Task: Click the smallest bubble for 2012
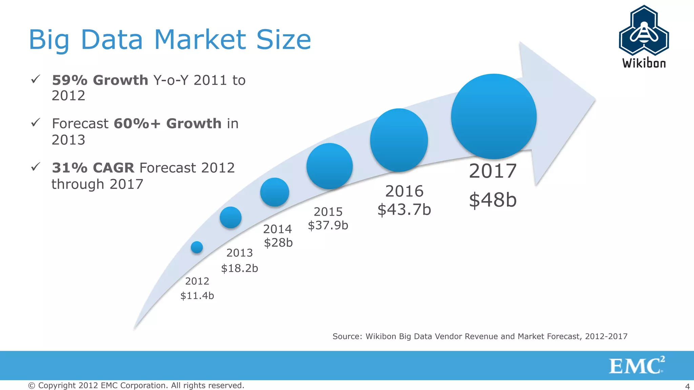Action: (x=197, y=247)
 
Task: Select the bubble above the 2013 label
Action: (x=230, y=217)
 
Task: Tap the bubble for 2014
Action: (x=274, y=192)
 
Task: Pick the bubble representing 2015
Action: (x=329, y=166)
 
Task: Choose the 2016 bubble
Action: (x=399, y=140)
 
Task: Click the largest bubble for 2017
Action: (x=494, y=116)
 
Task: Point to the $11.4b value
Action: (x=197, y=296)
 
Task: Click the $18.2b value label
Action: (x=240, y=268)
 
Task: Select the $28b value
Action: (x=278, y=242)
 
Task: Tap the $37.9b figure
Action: (x=328, y=225)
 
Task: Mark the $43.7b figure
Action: (x=404, y=209)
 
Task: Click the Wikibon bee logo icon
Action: (x=644, y=31)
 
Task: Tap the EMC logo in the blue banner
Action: (x=636, y=366)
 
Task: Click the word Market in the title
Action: (x=200, y=40)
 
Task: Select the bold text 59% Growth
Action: (x=100, y=80)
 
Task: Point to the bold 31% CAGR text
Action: (x=93, y=168)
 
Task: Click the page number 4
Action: (x=688, y=386)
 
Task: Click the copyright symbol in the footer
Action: (x=32, y=386)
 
